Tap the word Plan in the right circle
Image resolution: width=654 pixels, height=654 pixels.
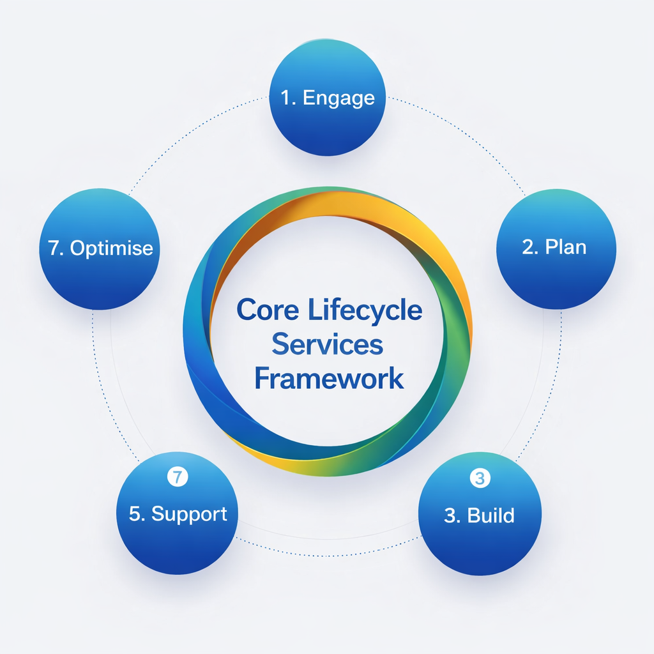(x=566, y=247)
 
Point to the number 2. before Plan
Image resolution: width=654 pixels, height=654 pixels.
(x=530, y=247)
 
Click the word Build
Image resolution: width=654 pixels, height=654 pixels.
(x=490, y=515)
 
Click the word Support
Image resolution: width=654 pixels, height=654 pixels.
(x=189, y=514)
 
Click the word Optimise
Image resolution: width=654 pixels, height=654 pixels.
(x=112, y=248)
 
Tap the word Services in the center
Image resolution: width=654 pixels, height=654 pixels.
(x=327, y=345)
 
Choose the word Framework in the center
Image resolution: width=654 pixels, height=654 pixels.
(x=329, y=378)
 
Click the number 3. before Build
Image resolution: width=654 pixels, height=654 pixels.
(x=452, y=515)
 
